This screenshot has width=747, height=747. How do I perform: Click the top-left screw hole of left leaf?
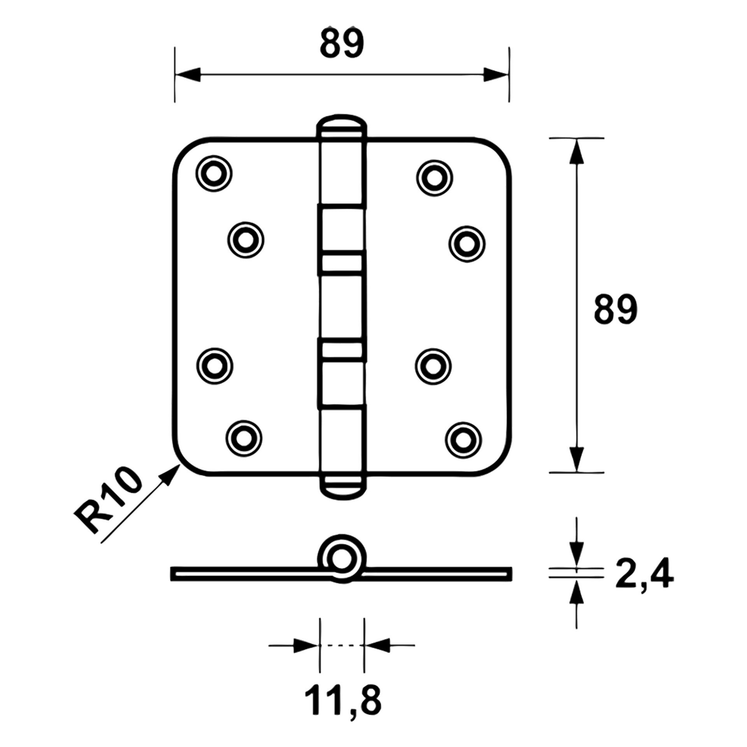(214, 173)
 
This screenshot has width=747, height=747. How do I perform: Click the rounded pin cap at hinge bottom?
(342, 486)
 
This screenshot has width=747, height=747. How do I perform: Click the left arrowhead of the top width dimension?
(188, 74)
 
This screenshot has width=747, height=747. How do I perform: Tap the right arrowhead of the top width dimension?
(496, 74)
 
